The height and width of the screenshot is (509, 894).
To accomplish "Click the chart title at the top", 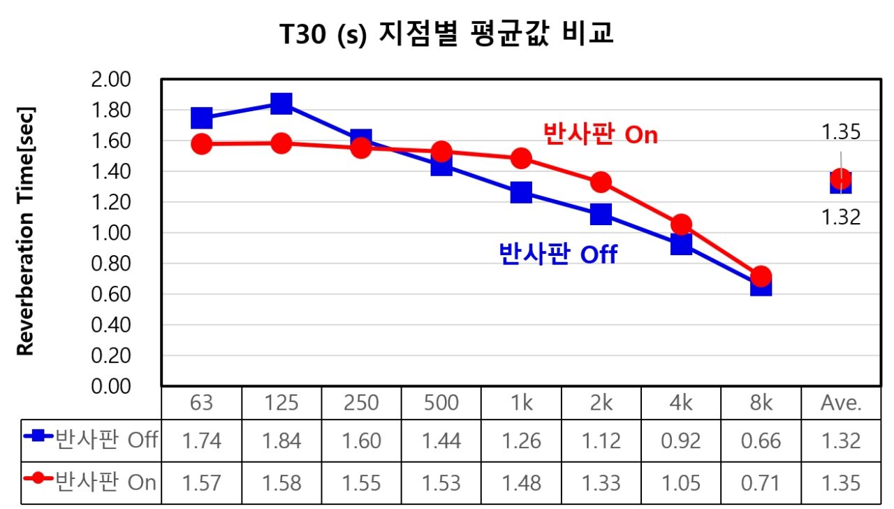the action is coord(446,33).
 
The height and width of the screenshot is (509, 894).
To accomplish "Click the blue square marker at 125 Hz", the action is coord(281,103).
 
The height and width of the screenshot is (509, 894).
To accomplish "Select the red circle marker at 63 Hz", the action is coord(202,144).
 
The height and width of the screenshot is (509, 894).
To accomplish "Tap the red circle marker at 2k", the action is coord(601,182).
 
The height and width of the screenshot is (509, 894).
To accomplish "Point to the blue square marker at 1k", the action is coord(521,192).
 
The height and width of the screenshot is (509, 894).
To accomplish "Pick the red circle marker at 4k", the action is coord(681,224).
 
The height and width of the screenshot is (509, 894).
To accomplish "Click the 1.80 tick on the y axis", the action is coord(111,110).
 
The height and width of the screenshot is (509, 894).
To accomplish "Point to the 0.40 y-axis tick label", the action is coord(111,325).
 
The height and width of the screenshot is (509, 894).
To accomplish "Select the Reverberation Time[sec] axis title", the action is coord(26,231).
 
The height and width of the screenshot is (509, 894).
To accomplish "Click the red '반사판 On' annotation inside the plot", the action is coord(601,134).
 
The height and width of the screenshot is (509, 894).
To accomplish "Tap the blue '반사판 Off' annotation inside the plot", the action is coord(558,253).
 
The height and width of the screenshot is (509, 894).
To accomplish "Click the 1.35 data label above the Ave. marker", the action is coord(841,132).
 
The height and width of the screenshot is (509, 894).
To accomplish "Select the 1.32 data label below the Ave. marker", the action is coord(841,217).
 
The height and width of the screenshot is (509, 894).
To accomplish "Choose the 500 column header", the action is coord(441,403).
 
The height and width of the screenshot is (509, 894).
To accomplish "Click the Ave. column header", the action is coord(841,403).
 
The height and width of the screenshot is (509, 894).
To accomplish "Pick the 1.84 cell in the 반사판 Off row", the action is coord(281,440).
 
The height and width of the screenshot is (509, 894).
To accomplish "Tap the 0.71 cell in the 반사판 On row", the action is coord(761,483).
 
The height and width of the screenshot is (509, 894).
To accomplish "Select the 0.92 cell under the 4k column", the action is coord(681,440).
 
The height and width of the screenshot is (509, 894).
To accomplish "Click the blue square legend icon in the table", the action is coord(38,436).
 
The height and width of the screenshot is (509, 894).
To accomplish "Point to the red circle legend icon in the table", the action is coord(38,478).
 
